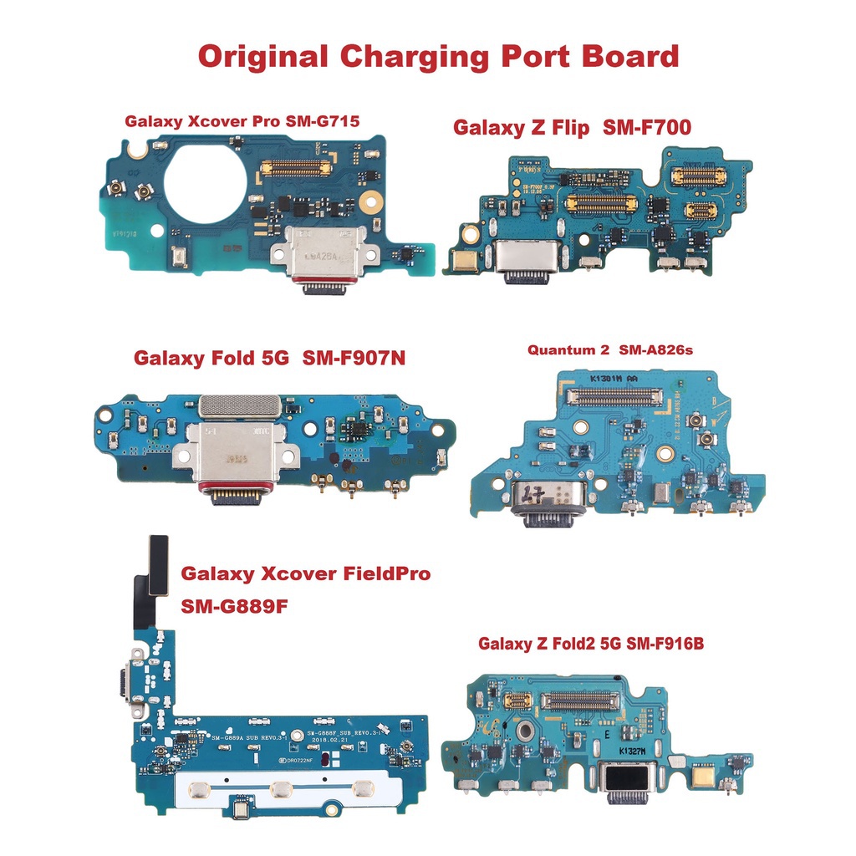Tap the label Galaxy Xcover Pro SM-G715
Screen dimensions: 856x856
pyautogui.click(x=242, y=121)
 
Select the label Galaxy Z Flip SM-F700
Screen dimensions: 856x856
pyautogui.click(x=572, y=128)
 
